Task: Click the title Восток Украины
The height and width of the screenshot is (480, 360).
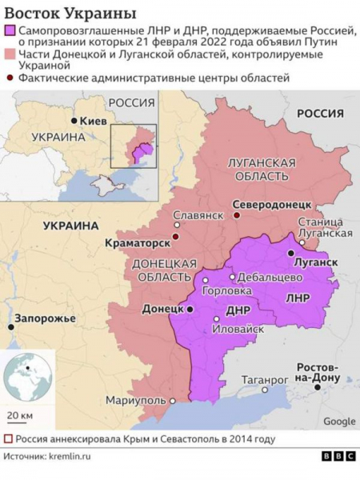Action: pos(70,14)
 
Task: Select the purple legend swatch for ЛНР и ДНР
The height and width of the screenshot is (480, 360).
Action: pos(10,30)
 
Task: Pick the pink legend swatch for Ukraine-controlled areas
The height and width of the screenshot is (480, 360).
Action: pos(10,54)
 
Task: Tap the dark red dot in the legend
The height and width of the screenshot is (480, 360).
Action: pos(10,78)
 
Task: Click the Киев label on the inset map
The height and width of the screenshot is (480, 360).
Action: pos(89,120)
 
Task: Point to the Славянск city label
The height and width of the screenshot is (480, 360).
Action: pos(198,216)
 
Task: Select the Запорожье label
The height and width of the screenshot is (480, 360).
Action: pos(45,318)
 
